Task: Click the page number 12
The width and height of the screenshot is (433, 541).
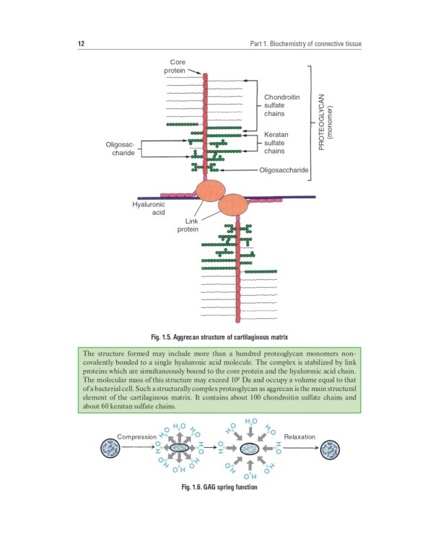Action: (x=82, y=45)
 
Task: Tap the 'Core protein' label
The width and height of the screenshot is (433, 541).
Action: (x=177, y=66)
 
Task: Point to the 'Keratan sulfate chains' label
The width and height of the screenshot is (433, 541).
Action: (x=276, y=143)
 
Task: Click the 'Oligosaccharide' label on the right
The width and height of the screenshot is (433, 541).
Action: (x=284, y=171)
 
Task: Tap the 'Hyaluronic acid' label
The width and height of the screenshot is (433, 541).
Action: (x=149, y=208)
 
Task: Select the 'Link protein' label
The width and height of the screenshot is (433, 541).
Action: (x=188, y=225)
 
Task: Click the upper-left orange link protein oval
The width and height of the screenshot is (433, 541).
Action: (x=211, y=190)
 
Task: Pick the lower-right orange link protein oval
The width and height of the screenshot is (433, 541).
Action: (x=234, y=205)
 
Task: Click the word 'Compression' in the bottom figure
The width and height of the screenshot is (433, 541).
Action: (x=137, y=437)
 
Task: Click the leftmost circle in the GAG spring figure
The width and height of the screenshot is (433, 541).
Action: (x=111, y=447)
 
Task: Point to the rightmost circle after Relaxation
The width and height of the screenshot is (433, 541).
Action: (x=331, y=447)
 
